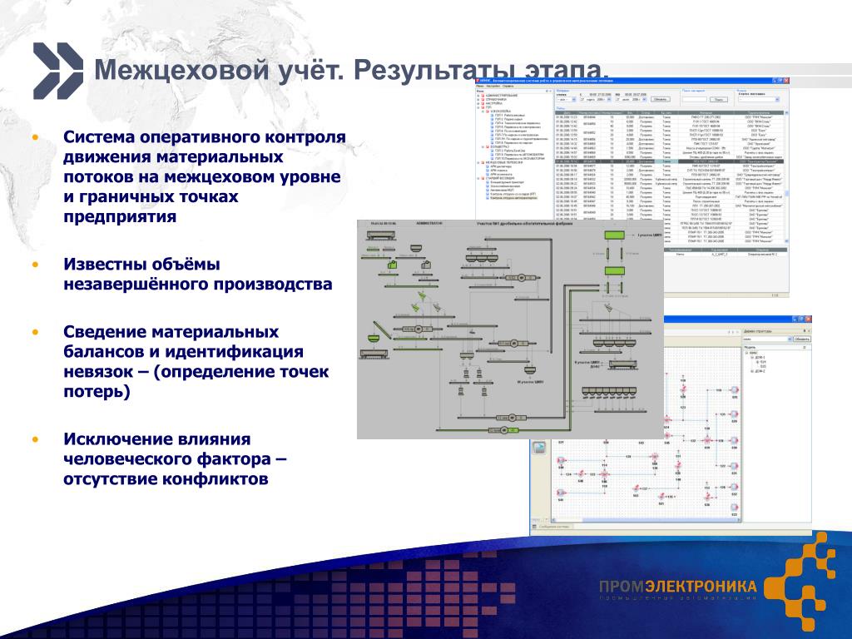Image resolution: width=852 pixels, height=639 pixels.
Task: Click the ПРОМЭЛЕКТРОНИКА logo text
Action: (x=677, y=587)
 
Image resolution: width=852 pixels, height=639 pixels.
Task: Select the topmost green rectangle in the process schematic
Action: (x=615, y=235)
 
